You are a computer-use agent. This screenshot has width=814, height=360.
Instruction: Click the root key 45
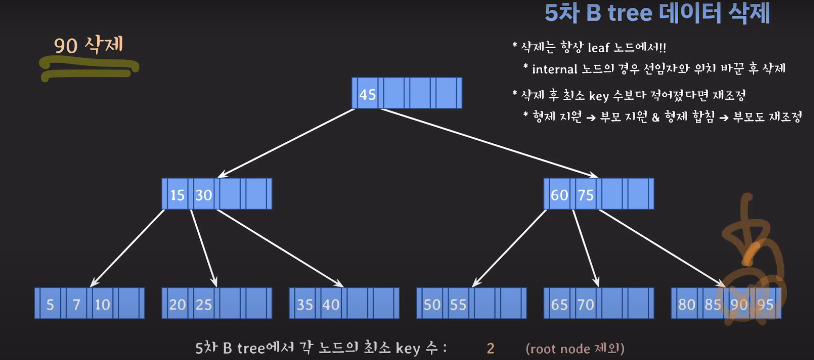pyautogui.click(x=367, y=94)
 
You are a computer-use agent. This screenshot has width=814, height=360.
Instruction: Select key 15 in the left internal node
pyautogui.click(x=177, y=195)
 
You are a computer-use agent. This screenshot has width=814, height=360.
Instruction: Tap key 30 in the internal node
pyautogui.click(x=203, y=195)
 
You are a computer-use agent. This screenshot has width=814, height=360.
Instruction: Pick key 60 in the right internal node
pyautogui.click(x=559, y=195)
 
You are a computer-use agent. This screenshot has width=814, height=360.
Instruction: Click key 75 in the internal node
pyautogui.click(x=585, y=195)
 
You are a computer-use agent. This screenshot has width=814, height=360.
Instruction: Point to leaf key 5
pyautogui.click(x=50, y=304)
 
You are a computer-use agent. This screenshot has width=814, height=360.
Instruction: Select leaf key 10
pyautogui.click(x=102, y=304)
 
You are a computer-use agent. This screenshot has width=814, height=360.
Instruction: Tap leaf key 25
pyautogui.click(x=203, y=304)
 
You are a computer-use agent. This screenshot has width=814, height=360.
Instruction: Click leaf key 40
pyautogui.click(x=331, y=304)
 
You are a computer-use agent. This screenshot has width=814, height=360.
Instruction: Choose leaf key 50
pyautogui.click(x=432, y=304)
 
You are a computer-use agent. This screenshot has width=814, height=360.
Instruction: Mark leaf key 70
pyautogui.click(x=585, y=304)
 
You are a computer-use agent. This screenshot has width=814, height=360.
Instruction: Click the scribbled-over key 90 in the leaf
pyautogui.click(x=739, y=304)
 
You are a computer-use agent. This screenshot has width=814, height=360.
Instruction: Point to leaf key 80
pyautogui.click(x=686, y=304)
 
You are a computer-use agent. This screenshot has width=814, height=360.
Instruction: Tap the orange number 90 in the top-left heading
pyautogui.click(x=66, y=46)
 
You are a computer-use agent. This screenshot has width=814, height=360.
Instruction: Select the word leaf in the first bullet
pyautogui.click(x=598, y=48)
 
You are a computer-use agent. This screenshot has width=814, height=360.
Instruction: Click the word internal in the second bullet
pyautogui.click(x=555, y=69)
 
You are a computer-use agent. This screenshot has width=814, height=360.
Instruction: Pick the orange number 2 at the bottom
pyautogui.click(x=491, y=349)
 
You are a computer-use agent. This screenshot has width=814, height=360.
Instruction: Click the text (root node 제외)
pyautogui.click(x=575, y=349)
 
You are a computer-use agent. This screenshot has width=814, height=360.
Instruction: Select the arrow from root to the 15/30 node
pyautogui.click(x=286, y=143)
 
